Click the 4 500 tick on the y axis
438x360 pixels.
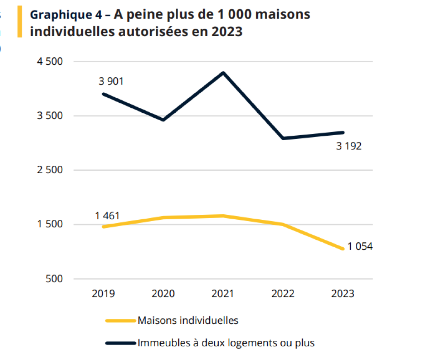click(x=50, y=62)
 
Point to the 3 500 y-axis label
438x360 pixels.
click(x=50, y=116)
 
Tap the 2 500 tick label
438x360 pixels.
click(x=50, y=170)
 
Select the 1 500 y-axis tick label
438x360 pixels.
click(x=50, y=224)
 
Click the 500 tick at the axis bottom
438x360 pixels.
click(x=54, y=279)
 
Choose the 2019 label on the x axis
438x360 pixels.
click(x=103, y=294)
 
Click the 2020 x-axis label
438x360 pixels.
click(x=163, y=294)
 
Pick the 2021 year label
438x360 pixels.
click(x=223, y=294)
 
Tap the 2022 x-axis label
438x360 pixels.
click(x=283, y=294)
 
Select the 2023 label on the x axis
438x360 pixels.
click(x=343, y=294)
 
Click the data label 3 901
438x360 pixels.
click(x=111, y=82)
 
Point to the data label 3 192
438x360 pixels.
click(x=349, y=146)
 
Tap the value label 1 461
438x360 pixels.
click(x=107, y=216)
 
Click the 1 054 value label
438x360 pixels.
click(x=360, y=247)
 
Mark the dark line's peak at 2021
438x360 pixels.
click(x=223, y=73)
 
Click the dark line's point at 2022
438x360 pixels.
click(x=283, y=138)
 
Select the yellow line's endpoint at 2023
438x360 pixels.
click(x=343, y=249)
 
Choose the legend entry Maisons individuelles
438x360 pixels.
click(x=188, y=320)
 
